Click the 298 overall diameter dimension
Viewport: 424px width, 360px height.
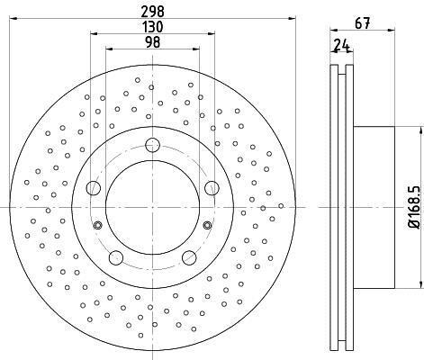[x=153, y=12]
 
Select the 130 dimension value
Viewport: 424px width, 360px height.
[x=153, y=27]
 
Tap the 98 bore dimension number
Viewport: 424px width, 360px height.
[x=153, y=42]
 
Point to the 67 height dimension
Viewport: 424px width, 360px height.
[x=362, y=23]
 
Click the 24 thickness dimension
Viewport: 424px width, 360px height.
[x=342, y=46]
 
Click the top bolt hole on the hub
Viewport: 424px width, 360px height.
[x=152, y=145]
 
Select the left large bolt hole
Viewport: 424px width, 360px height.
[x=94, y=188]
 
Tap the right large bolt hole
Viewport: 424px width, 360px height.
[x=212, y=188]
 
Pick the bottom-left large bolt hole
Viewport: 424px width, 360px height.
[x=116, y=257]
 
